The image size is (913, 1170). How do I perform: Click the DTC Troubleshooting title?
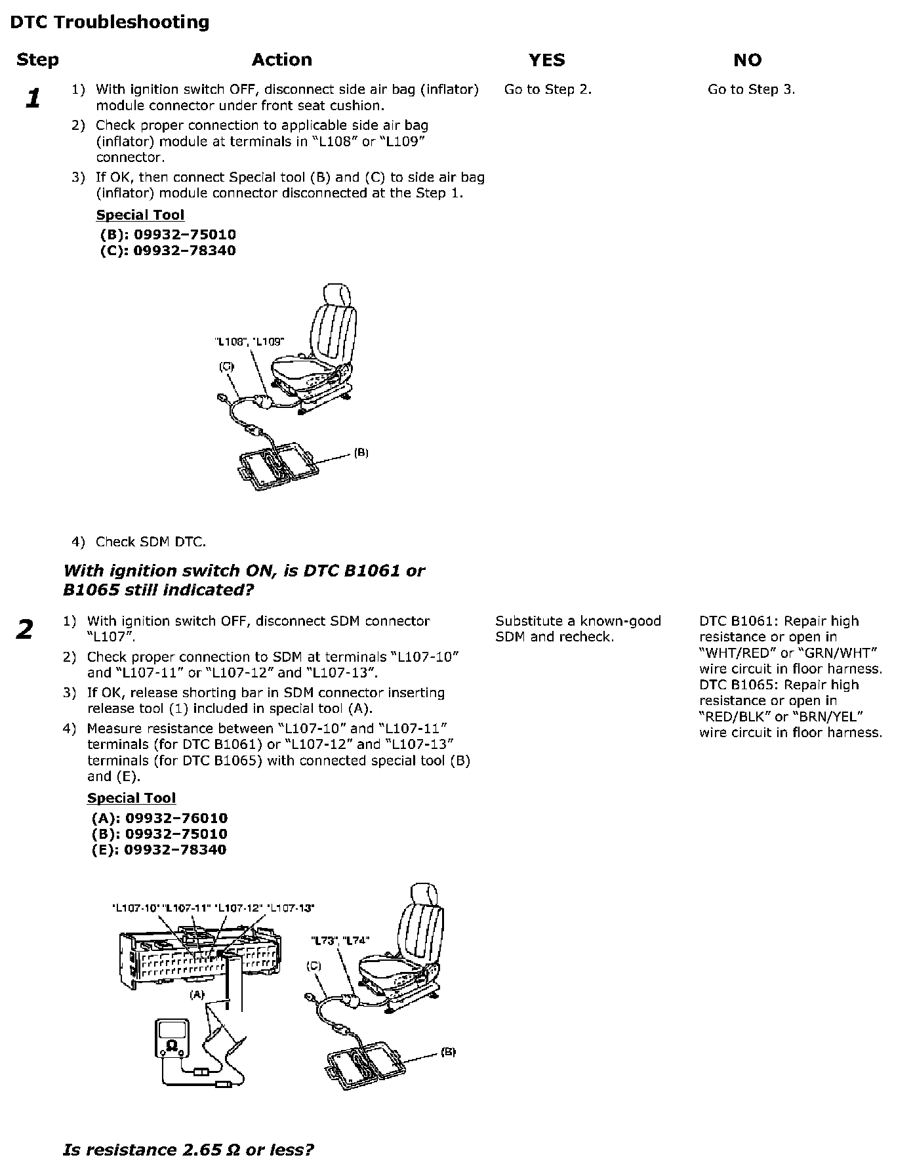coord(110,22)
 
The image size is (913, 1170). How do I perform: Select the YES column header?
coord(546,60)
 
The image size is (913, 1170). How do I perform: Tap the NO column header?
coord(747,60)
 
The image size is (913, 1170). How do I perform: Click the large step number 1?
coord(32,98)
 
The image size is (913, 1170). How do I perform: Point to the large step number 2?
coord(24,630)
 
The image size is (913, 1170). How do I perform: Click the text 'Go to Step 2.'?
coord(548,90)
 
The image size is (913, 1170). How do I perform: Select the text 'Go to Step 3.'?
coord(751,90)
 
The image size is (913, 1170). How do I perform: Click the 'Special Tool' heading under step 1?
coord(140,215)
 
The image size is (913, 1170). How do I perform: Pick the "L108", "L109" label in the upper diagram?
coord(249,342)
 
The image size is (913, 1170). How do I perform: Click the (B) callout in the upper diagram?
coord(361,453)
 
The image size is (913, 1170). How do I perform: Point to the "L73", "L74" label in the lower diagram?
coord(339,940)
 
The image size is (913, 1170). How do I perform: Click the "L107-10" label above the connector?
coord(136,908)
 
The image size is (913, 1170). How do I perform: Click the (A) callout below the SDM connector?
coord(197,995)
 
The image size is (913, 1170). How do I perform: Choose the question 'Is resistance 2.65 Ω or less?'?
coord(188,1150)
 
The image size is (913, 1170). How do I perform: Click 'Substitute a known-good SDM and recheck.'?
coord(578,629)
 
